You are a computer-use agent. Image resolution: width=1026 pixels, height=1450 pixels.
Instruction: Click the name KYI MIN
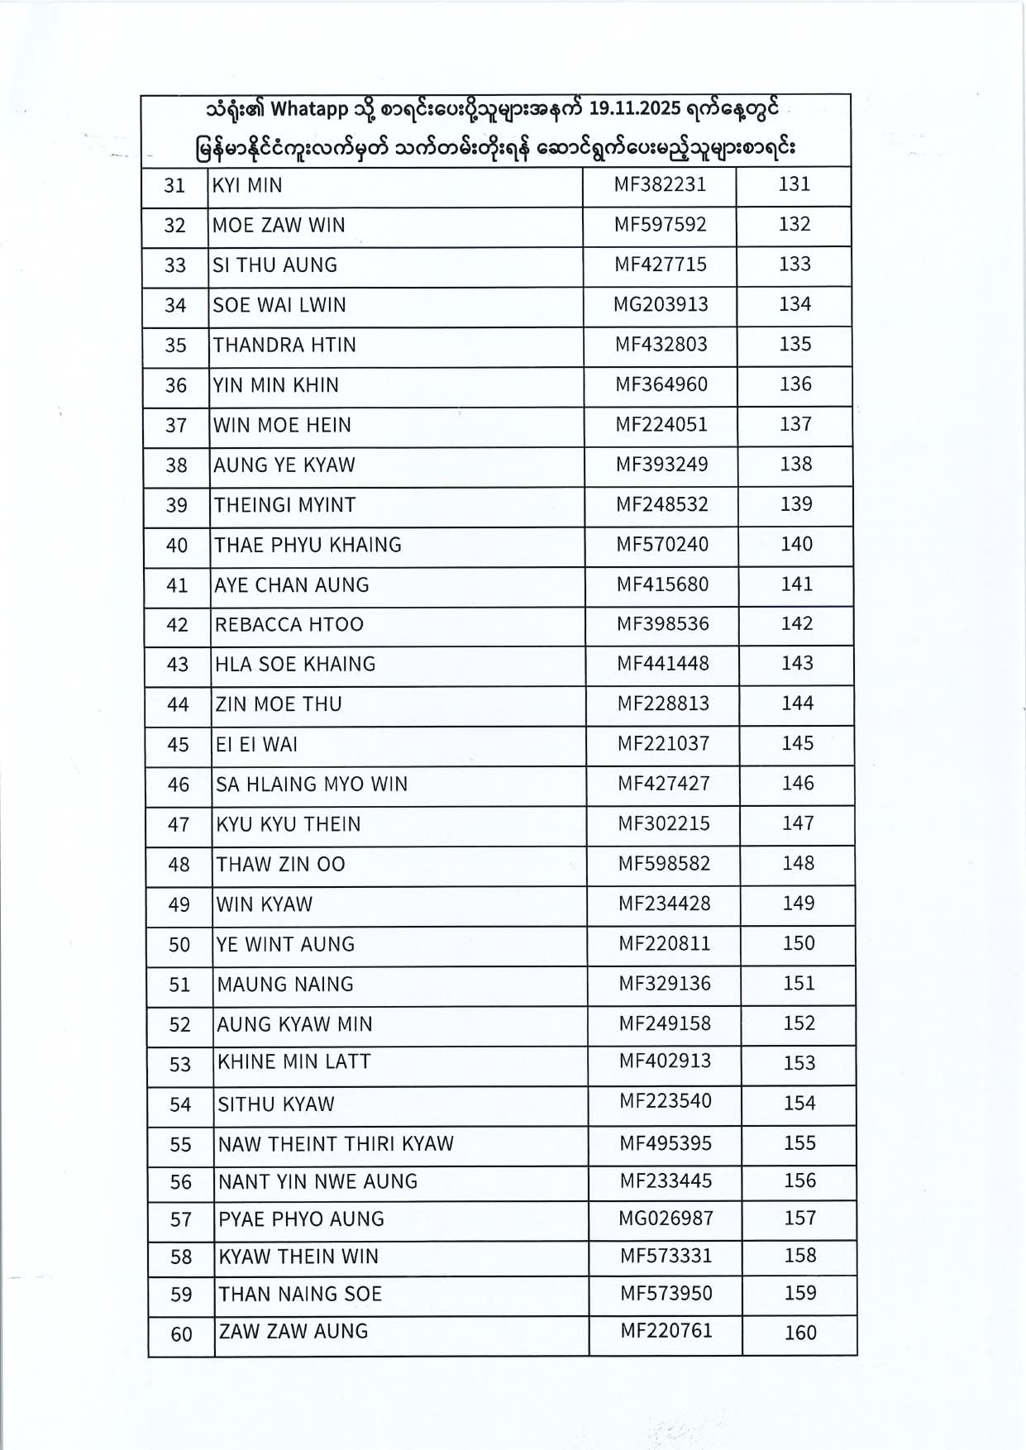pyautogui.click(x=247, y=185)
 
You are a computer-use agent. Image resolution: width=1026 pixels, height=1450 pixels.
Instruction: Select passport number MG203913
pyautogui.click(x=661, y=304)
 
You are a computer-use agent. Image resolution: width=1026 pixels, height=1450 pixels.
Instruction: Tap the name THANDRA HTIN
pyautogui.click(x=284, y=345)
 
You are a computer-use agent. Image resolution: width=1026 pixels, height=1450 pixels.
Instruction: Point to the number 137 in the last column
pyautogui.click(x=795, y=424)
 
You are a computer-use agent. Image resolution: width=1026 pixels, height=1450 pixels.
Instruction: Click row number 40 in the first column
pyautogui.click(x=177, y=546)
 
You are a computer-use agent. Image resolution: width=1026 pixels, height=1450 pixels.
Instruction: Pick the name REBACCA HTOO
pyautogui.click(x=289, y=624)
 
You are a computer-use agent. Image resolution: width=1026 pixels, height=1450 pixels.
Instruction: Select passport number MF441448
pyautogui.click(x=663, y=663)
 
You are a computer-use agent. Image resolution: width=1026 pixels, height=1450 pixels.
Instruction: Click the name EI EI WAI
pyautogui.click(x=256, y=744)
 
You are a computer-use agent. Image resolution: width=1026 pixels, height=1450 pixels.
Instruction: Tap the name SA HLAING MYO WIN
pyautogui.click(x=312, y=784)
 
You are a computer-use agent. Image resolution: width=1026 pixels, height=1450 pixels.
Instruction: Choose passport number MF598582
pyautogui.click(x=664, y=863)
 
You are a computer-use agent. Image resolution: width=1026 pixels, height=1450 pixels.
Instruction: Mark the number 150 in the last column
pyautogui.click(x=799, y=943)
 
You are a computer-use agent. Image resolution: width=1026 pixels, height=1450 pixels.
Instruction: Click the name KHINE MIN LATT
pyautogui.click(x=293, y=1061)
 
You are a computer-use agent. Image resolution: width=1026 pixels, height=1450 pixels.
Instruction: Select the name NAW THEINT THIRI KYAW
pyautogui.click(x=336, y=1144)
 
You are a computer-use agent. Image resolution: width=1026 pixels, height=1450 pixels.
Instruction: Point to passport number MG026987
pyautogui.click(x=666, y=1218)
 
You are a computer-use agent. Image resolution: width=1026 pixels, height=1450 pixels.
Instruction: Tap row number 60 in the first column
pyautogui.click(x=181, y=1334)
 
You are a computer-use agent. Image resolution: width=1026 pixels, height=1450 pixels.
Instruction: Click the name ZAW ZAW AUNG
pyautogui.click(x=293, y=1331)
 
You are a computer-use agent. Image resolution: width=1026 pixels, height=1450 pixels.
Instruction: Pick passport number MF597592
pyautogui.click(x=661, y=224)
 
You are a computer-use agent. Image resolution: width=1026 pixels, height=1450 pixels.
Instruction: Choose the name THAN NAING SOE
pyautogui.click(x=300, y=1294)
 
